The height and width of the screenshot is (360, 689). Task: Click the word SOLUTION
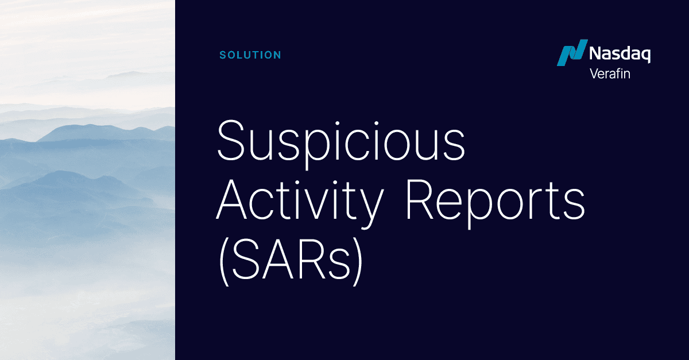pos(250,56)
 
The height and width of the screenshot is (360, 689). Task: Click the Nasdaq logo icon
pos(571,53)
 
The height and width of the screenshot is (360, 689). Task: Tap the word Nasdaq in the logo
pos(620,55)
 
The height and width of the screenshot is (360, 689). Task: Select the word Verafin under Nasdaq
pos(610,73)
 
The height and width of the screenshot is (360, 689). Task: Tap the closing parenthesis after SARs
pos(358,263)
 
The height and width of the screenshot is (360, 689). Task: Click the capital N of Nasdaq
pos(596,55)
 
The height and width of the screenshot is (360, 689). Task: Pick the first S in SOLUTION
pos(223,56)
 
